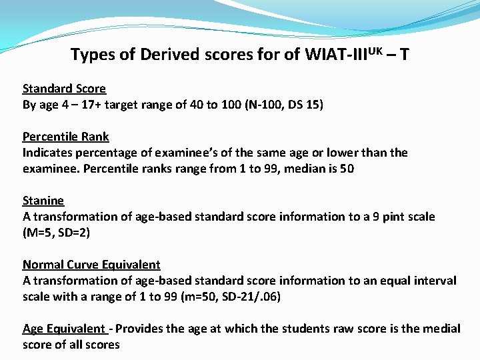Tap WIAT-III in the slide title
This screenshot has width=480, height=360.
coord(332,54)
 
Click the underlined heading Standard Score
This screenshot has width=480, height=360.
coord(64,89)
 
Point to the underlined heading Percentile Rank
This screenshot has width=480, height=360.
coord(65,137)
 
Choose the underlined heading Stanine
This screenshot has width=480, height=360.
coord(43,201)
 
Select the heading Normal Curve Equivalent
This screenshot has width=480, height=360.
coord(91,265)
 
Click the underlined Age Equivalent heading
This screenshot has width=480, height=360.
coord(64,329)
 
